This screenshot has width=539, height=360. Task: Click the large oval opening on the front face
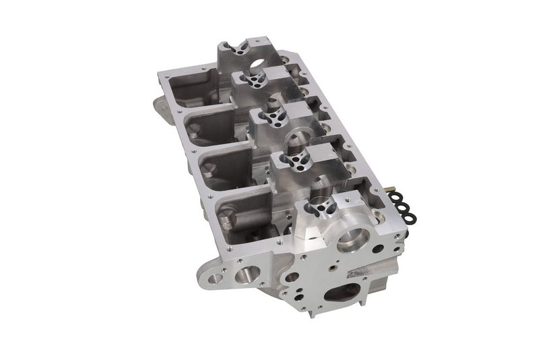tap(342, 292)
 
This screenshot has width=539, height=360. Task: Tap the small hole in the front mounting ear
tap(215, 278)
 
